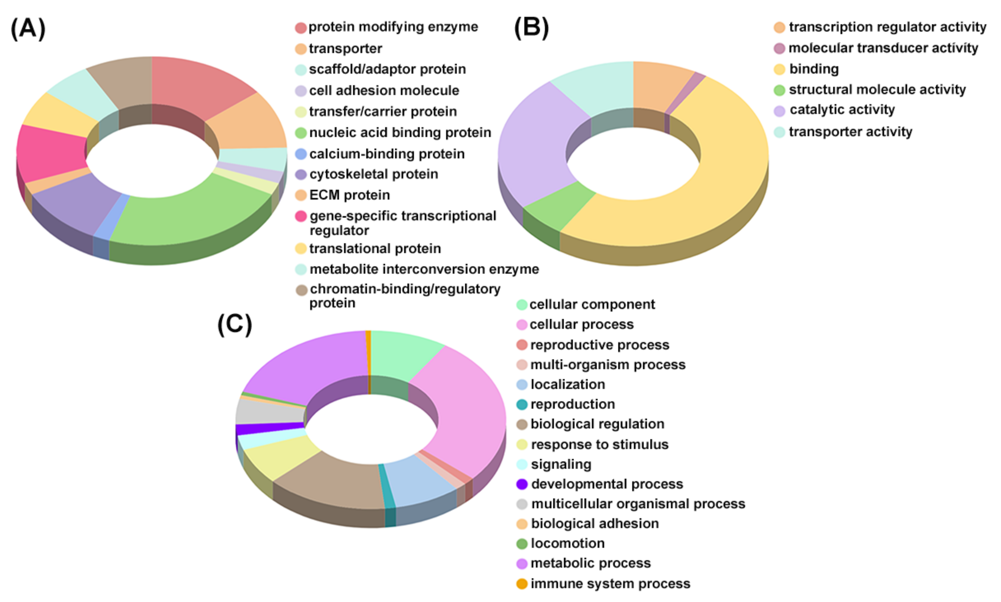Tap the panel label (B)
click(531, 28)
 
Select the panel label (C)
click(235, 324)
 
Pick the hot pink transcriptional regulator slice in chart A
click(49, 154)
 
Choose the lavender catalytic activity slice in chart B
click(536, 146)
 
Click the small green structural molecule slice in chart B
click(556, 207)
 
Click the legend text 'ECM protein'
click(349, 195)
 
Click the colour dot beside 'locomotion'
click(522, 544)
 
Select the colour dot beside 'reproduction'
click(522, 405)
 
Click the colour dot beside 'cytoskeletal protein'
click(301, 175)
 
